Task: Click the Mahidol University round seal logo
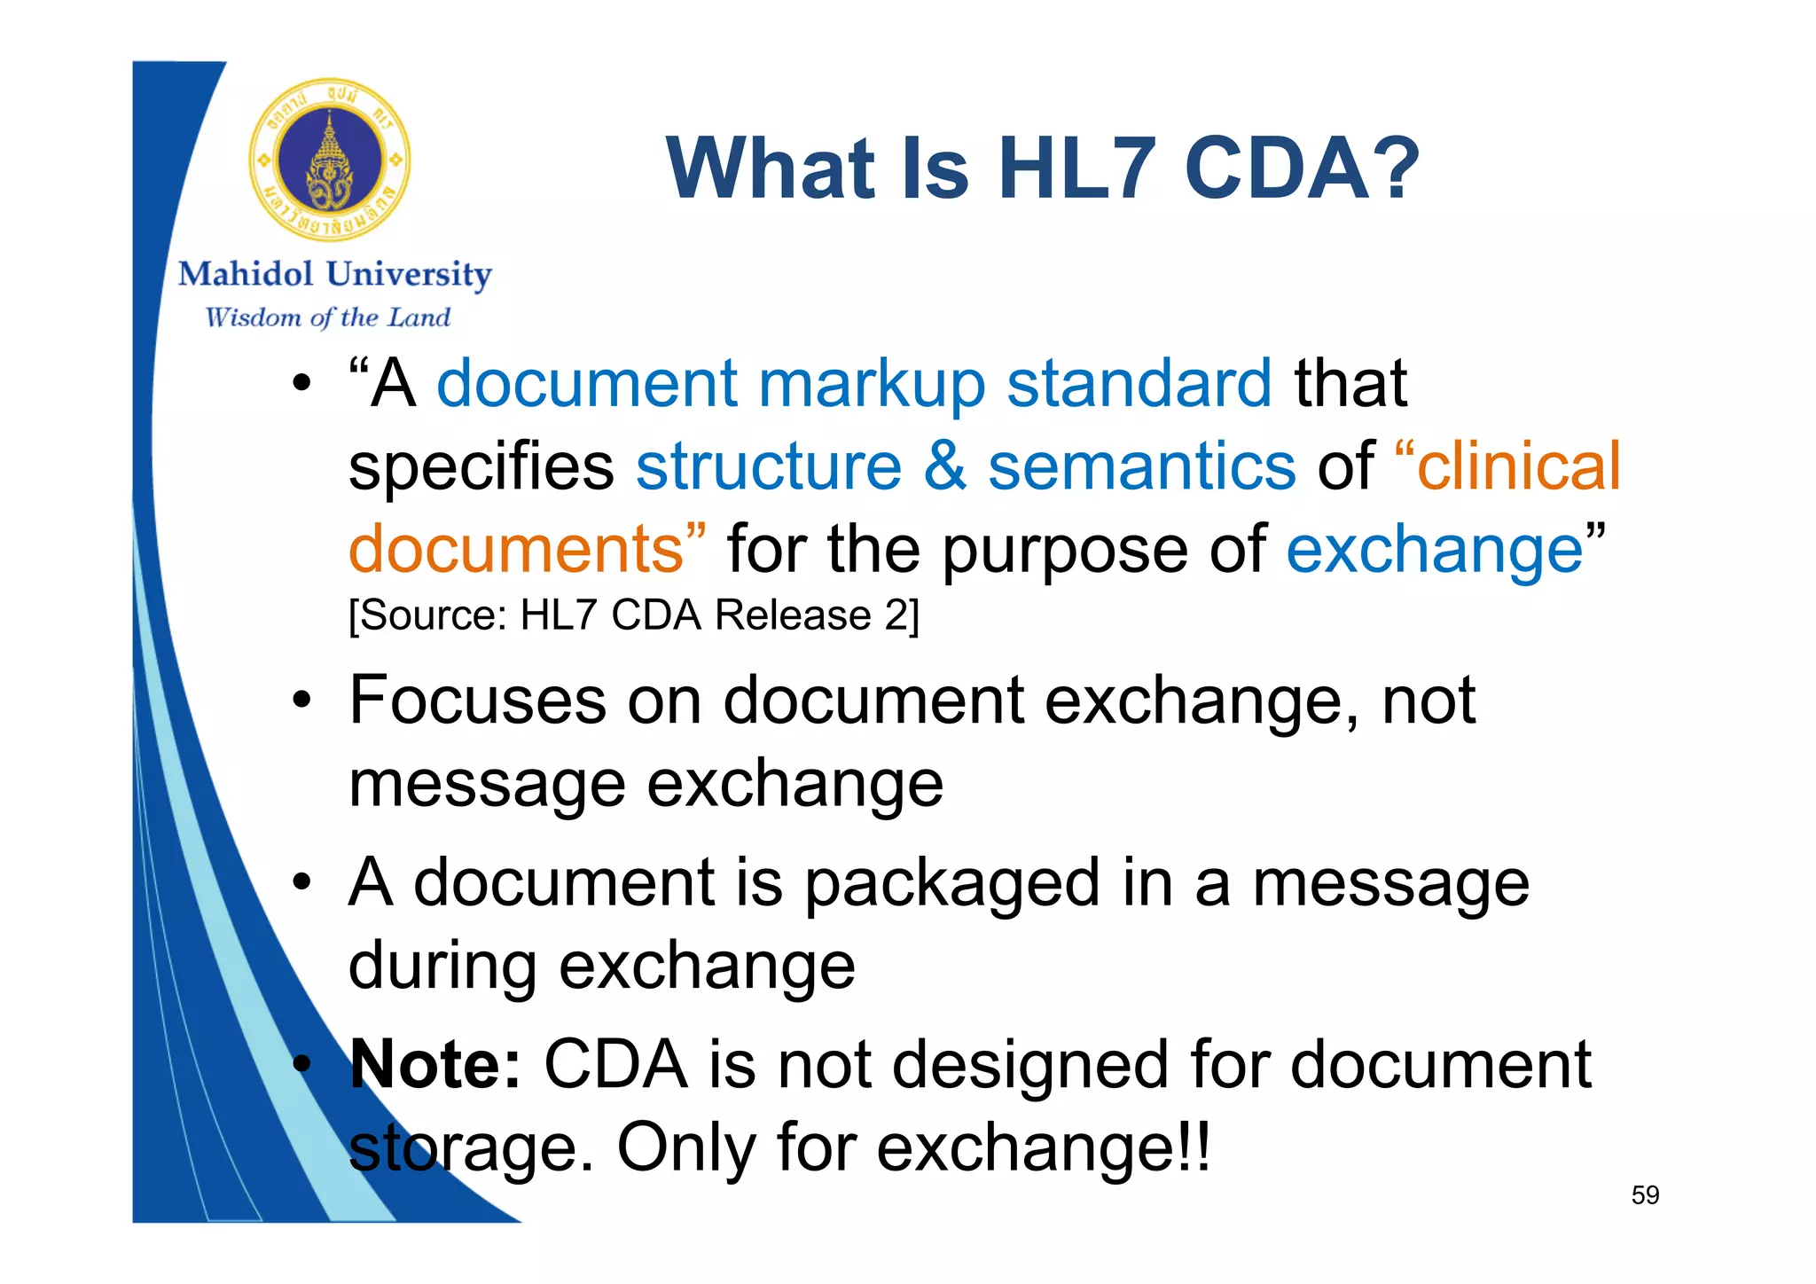(330, 160)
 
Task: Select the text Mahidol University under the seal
(334, 275)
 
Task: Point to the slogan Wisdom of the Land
(327, 317)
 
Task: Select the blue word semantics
(1141, 466)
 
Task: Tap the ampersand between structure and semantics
(944, 466)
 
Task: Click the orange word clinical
(1518, 466)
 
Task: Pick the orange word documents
(516, 550)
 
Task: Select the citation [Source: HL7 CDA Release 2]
(633, 615)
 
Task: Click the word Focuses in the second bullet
(477, 701)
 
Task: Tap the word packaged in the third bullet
(951, 885)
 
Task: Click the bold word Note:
(434, 1064)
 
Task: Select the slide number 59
(1645, 1195)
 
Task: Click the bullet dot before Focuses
(302, 701)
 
